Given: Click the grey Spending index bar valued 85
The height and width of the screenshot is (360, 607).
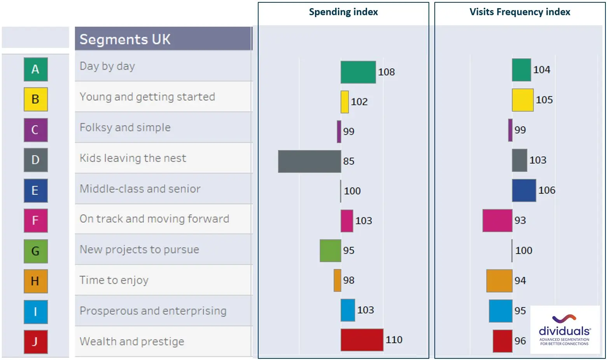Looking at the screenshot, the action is [x=310, y=161].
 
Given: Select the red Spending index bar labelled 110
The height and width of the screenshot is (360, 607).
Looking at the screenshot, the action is [x=362, y=340].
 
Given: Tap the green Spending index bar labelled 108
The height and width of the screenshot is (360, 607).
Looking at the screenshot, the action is [x=358, y=72].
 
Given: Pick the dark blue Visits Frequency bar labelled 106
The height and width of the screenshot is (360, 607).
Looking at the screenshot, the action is [x=524, y=190].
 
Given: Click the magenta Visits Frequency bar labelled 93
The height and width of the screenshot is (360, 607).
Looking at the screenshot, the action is [x=497, y=220].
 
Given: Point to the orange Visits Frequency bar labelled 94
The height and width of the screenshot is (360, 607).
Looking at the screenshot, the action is [x=499, y=281].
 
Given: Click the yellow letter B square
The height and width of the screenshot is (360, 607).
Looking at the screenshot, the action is [x=36, y=100].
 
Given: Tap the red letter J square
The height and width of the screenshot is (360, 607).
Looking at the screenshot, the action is [x=36, y=342].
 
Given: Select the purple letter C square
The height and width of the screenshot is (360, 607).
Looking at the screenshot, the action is [x=36, y=130].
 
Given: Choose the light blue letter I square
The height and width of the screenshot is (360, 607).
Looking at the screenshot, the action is [x=36, y=312].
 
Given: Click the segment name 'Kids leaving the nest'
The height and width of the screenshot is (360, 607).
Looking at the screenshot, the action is [x=133, y=158].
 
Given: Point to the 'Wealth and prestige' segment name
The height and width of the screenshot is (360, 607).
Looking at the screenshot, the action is [x=132, y=342].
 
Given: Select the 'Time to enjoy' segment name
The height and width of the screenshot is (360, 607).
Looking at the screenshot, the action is [x=114, y=280].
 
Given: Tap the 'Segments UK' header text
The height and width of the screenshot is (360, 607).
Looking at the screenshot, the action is [x=125, y=39].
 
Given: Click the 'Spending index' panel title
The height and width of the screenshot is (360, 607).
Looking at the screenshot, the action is [x=343, y=12].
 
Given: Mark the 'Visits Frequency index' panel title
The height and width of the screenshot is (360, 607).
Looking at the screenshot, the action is [x=520, y=12].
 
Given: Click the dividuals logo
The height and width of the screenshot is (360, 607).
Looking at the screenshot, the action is [x=565, y=330].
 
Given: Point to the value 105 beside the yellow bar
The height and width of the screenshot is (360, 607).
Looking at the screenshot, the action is [x=544, y=100].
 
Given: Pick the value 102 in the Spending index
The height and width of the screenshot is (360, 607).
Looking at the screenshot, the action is [x=359, y=102].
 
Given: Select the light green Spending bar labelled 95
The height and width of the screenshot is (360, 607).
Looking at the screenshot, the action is [x=330, y=251].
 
